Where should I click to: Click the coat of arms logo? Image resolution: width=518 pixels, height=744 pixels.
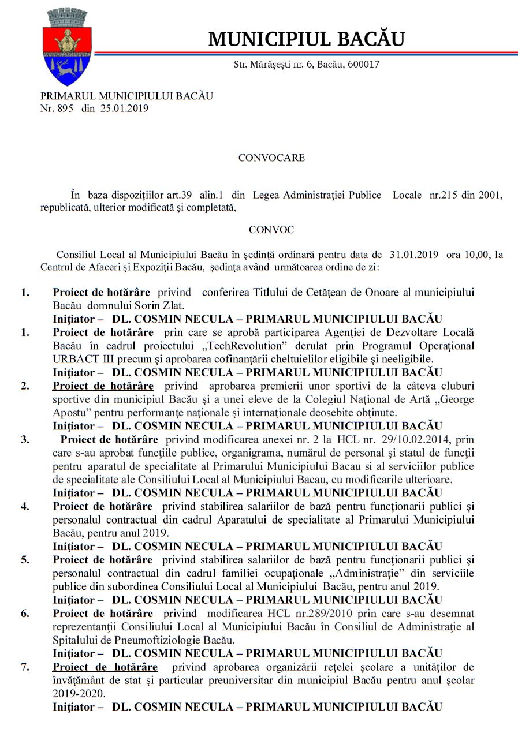pyautogui.click(x=68, y=47)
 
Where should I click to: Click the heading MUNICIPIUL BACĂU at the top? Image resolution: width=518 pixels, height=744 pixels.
pyautogui.click(x=306, y=39)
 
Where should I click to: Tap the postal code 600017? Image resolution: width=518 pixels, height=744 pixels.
pyautogui.click(x=363, y=65)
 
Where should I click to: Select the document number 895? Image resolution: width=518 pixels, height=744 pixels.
pyautogui.click(x=65, y=108)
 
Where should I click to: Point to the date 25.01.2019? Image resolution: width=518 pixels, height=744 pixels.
pyautogui.click(x=124, y=108)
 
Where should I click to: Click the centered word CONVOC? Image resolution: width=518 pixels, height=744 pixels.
pyautogui.click(x=271, y=230)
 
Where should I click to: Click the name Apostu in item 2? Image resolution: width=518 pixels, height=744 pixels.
pyautogui.click(x=69, y=413)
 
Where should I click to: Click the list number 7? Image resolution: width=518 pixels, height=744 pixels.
pyautogui.click(x=25, y=667)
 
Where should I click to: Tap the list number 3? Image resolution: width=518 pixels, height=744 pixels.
pyautogui.click(x=25, y=439)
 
